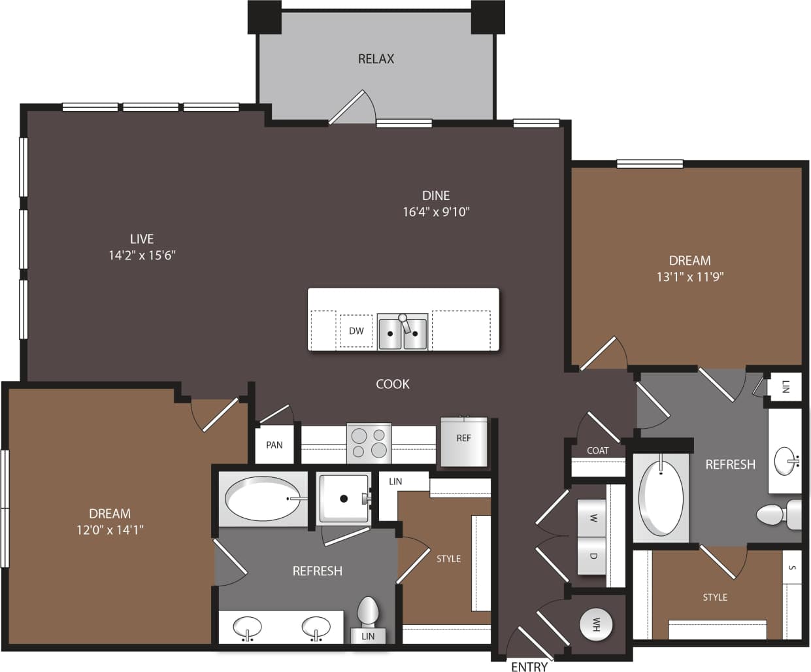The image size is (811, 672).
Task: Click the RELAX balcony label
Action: coord(376,59)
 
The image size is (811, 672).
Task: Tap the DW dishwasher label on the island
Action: coord(356,331)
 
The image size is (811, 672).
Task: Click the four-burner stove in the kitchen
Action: coord(369,443)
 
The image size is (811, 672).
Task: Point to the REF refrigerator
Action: coord(463,442)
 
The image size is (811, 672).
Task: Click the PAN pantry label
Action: coord(274,445)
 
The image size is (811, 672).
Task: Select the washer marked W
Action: coord(593,518)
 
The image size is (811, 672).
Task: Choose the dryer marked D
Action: coord(593,556)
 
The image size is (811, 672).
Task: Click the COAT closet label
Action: coord(597,450)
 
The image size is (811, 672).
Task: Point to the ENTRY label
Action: coord(529,666)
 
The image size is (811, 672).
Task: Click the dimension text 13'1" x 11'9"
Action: coord(689,277)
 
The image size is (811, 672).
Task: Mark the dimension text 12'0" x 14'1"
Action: coord(110,530)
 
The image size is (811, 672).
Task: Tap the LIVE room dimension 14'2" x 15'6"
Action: coord(142,255)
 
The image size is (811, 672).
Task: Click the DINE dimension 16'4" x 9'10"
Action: coord(436,212)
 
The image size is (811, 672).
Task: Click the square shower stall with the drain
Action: coord(344,499)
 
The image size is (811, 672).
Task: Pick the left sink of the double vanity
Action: coord(248,628)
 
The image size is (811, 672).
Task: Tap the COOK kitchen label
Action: coord(392,384)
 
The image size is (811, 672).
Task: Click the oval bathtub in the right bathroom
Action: coord(661,498)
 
